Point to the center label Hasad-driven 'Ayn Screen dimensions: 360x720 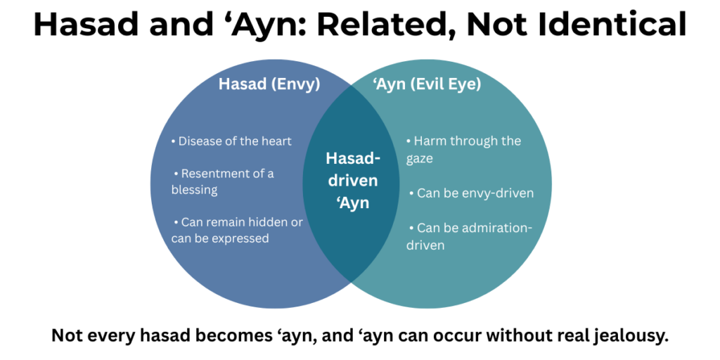(352, 181)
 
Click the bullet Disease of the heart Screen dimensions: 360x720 (231, 141)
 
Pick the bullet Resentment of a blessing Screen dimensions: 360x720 (223, 181)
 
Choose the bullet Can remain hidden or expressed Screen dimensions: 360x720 (237, 230)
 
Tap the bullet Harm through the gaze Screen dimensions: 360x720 (463, 150)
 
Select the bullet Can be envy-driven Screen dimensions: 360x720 (470, 193)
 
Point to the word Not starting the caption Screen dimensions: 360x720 (67, 336)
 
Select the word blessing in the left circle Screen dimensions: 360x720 (195, 190)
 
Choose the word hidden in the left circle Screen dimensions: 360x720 (264, 222)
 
